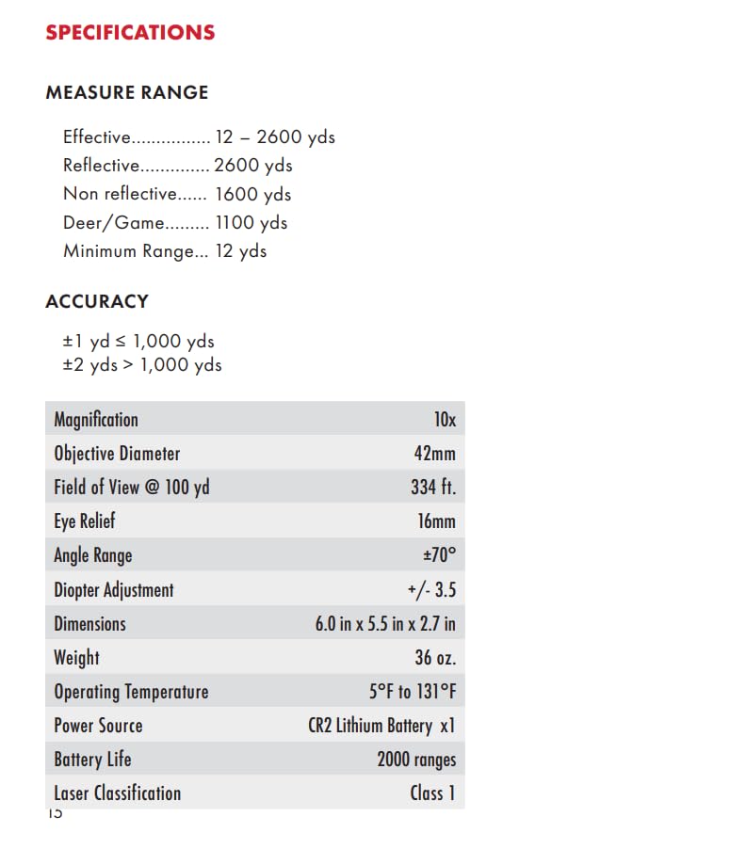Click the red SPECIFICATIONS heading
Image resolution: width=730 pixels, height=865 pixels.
[130, 33]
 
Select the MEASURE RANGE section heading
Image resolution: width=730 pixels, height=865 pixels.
[127, 93]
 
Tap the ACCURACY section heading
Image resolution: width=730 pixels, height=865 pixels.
[97, 302]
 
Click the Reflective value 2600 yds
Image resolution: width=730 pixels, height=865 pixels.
[253, 166]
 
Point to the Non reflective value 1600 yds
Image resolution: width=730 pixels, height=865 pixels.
[253, 195]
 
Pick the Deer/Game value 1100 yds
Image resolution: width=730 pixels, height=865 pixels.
[251, 223]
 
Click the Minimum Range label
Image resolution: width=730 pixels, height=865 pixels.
[136, 251]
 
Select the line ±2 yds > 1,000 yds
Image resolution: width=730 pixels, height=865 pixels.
[142, 364]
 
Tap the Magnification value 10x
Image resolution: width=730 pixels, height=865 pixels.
[445, 420]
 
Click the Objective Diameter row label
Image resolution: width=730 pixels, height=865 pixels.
[117, 454]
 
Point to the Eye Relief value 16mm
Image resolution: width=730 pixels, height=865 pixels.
[436, 521]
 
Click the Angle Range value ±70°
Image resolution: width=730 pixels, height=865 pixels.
[437, 555]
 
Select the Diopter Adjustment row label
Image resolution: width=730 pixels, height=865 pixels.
[114, 590]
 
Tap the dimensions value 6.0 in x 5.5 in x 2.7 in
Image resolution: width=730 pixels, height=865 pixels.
[385, 624]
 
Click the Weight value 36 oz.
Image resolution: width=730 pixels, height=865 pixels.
[435, 658]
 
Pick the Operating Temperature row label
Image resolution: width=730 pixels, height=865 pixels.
[131, 692]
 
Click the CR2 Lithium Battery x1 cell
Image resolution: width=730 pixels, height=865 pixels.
[381, 726]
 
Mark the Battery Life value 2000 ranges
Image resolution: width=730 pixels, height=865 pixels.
[416, 760]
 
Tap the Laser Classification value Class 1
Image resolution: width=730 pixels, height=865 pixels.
[432, 793]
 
